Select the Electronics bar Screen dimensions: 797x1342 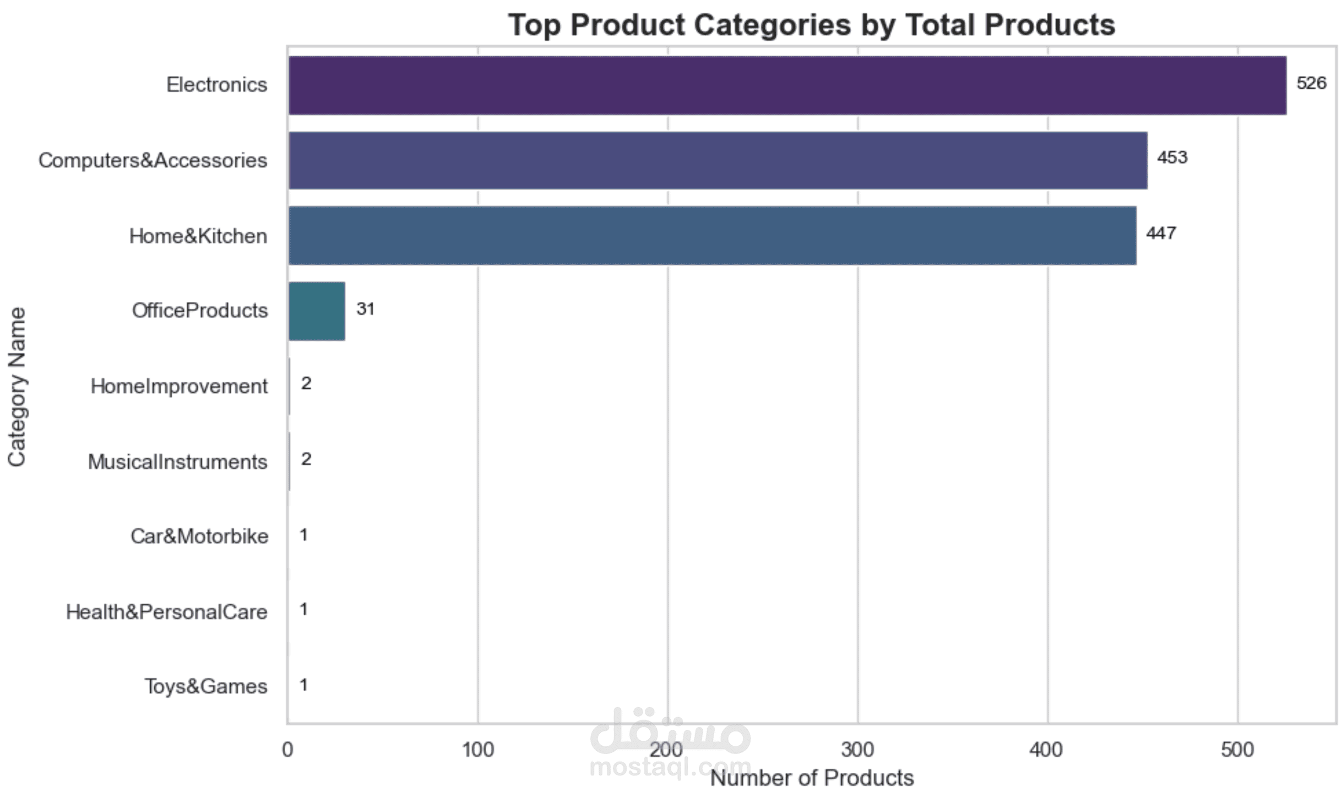(x=787, y=85)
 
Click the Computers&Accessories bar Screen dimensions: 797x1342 (x=718, y=160)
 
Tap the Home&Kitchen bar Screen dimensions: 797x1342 (x=712, y=236)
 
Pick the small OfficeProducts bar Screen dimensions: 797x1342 (x=317, y=311)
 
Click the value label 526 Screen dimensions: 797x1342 (x=1311, y=83)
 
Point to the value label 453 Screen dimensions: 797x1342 (x=1172, y=158)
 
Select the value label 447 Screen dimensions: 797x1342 (x=1161, y=234)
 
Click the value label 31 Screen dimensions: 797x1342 (x=365, y=309)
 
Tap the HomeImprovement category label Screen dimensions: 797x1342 (x=179, y=387)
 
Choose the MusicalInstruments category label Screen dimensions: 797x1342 (x=177, y=462)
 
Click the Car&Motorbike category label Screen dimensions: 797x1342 (x=199, y=536)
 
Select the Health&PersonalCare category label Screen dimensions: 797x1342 (x=166, y=612)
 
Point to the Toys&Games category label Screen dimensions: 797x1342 (x=205, y=687)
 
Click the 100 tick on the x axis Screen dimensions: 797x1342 (x=477, y=750)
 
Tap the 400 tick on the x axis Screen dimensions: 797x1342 (x=1047, y=750)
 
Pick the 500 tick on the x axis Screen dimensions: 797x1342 (x=1237, y=750)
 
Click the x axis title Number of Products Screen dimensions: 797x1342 (x=812, y=778)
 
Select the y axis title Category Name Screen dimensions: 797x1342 (x=18, y=387)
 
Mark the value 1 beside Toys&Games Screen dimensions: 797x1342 (x=303, y=685)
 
